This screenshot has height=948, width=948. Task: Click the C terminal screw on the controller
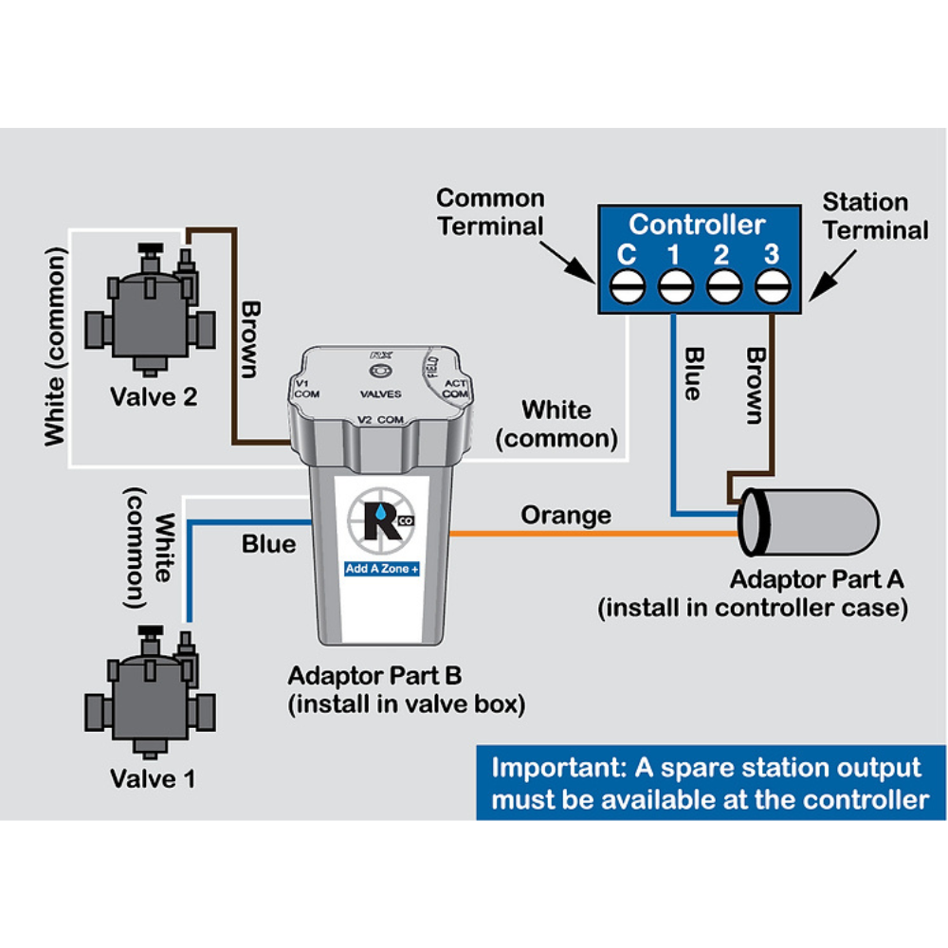pyautogui.click(x=625, y=285)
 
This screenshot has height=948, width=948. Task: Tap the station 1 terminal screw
pyautogui.click(x=674, y=285)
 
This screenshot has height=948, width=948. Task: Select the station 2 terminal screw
pyautogui.click(x=723, y=285)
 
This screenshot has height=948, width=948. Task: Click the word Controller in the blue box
pyautogui.click(x=696, y=225)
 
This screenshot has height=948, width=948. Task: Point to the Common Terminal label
pyautogui.click(x=490, y=212)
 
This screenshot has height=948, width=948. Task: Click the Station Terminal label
pyautogui.click(x=874, y=216)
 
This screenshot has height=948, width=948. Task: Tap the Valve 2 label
pyautogui.click(x=154, y=396)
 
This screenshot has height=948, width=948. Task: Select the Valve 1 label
pyautogui.click(x=154, y=779)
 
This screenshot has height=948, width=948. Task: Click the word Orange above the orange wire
pyautogui.click(x=566, y=516)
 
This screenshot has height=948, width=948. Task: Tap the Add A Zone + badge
pyautogui.click(x=382, y=570)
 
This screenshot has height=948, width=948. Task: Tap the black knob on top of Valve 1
pyautogui.click(x=150, y=632)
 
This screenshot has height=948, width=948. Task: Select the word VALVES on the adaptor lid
pyautogui.click(x=379, y=393)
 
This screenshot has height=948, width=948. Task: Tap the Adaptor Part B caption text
pyautogui.click(x=375, y=676)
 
